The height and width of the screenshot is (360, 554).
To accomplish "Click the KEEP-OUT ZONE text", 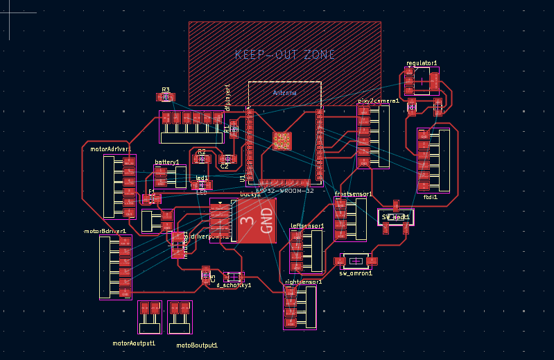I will pos(285,54).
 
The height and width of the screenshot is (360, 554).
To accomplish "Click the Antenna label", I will pos(284,92).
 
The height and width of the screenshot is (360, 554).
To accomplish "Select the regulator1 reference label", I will pos(422,63).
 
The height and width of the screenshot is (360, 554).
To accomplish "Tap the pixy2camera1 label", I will pos(379,101).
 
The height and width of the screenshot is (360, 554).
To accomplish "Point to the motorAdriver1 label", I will pos(111,148).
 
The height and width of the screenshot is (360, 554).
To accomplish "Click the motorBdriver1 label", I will pos(105,231).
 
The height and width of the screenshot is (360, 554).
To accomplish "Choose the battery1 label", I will pos(167,162).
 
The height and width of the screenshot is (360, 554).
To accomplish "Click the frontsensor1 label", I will pos(354,194).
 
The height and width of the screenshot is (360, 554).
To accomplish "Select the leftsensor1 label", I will pos(307,226).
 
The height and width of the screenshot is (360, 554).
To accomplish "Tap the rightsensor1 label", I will pos(304,282).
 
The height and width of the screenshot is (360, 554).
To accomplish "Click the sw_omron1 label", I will pos(356,273).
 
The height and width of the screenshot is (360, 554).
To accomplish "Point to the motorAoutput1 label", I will pos(134,343).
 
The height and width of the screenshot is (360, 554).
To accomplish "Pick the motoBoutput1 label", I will pos(197,345).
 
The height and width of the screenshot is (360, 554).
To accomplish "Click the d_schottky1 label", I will pos(234,284).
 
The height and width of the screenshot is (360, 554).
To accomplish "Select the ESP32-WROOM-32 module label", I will pos(285,191).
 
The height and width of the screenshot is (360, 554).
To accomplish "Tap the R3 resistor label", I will pos(166,89).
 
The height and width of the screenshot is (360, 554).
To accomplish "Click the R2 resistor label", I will pos(202,151).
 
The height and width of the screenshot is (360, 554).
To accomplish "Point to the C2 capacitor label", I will pos(225,166).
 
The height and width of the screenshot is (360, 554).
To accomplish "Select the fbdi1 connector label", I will pos(431,197).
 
